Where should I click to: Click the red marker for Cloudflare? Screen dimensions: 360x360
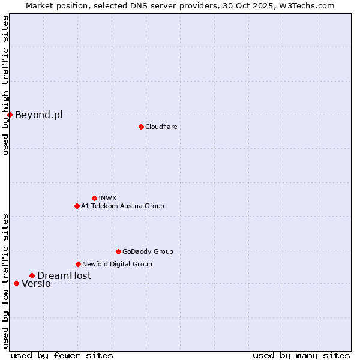point(141,127)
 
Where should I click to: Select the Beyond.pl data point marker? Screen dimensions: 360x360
point(10,115)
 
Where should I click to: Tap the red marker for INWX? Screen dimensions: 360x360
point(94,198)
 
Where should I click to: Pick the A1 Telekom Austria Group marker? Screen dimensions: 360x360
point(77,206)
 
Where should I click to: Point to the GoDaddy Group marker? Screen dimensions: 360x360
point(118,251)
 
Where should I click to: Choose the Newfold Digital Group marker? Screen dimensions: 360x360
point(78,264)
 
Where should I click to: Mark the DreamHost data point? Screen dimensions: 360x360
point(32,275)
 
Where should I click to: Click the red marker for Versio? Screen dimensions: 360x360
point(16,283)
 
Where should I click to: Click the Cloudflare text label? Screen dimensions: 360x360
point(161,127)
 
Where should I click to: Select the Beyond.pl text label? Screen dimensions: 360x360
point(38,115)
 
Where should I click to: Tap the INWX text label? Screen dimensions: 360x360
point(107,198)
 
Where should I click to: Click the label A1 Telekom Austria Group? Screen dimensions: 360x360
point(122,206)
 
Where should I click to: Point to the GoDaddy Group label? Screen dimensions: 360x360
point(148,251)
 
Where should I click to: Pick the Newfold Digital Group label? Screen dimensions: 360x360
point(117,264)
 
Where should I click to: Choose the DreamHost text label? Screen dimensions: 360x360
point(64,275)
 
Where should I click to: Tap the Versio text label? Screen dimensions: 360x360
point(36,284)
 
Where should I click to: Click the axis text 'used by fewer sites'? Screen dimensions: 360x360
point(62,355)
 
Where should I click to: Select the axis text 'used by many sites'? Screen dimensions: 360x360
point(301,355)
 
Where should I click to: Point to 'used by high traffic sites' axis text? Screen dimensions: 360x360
point(5,85)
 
